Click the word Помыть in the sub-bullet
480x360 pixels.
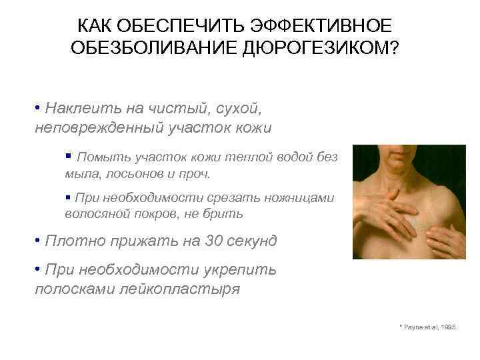[99, 157]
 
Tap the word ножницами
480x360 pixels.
[296, 198]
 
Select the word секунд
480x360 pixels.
[244, 241]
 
